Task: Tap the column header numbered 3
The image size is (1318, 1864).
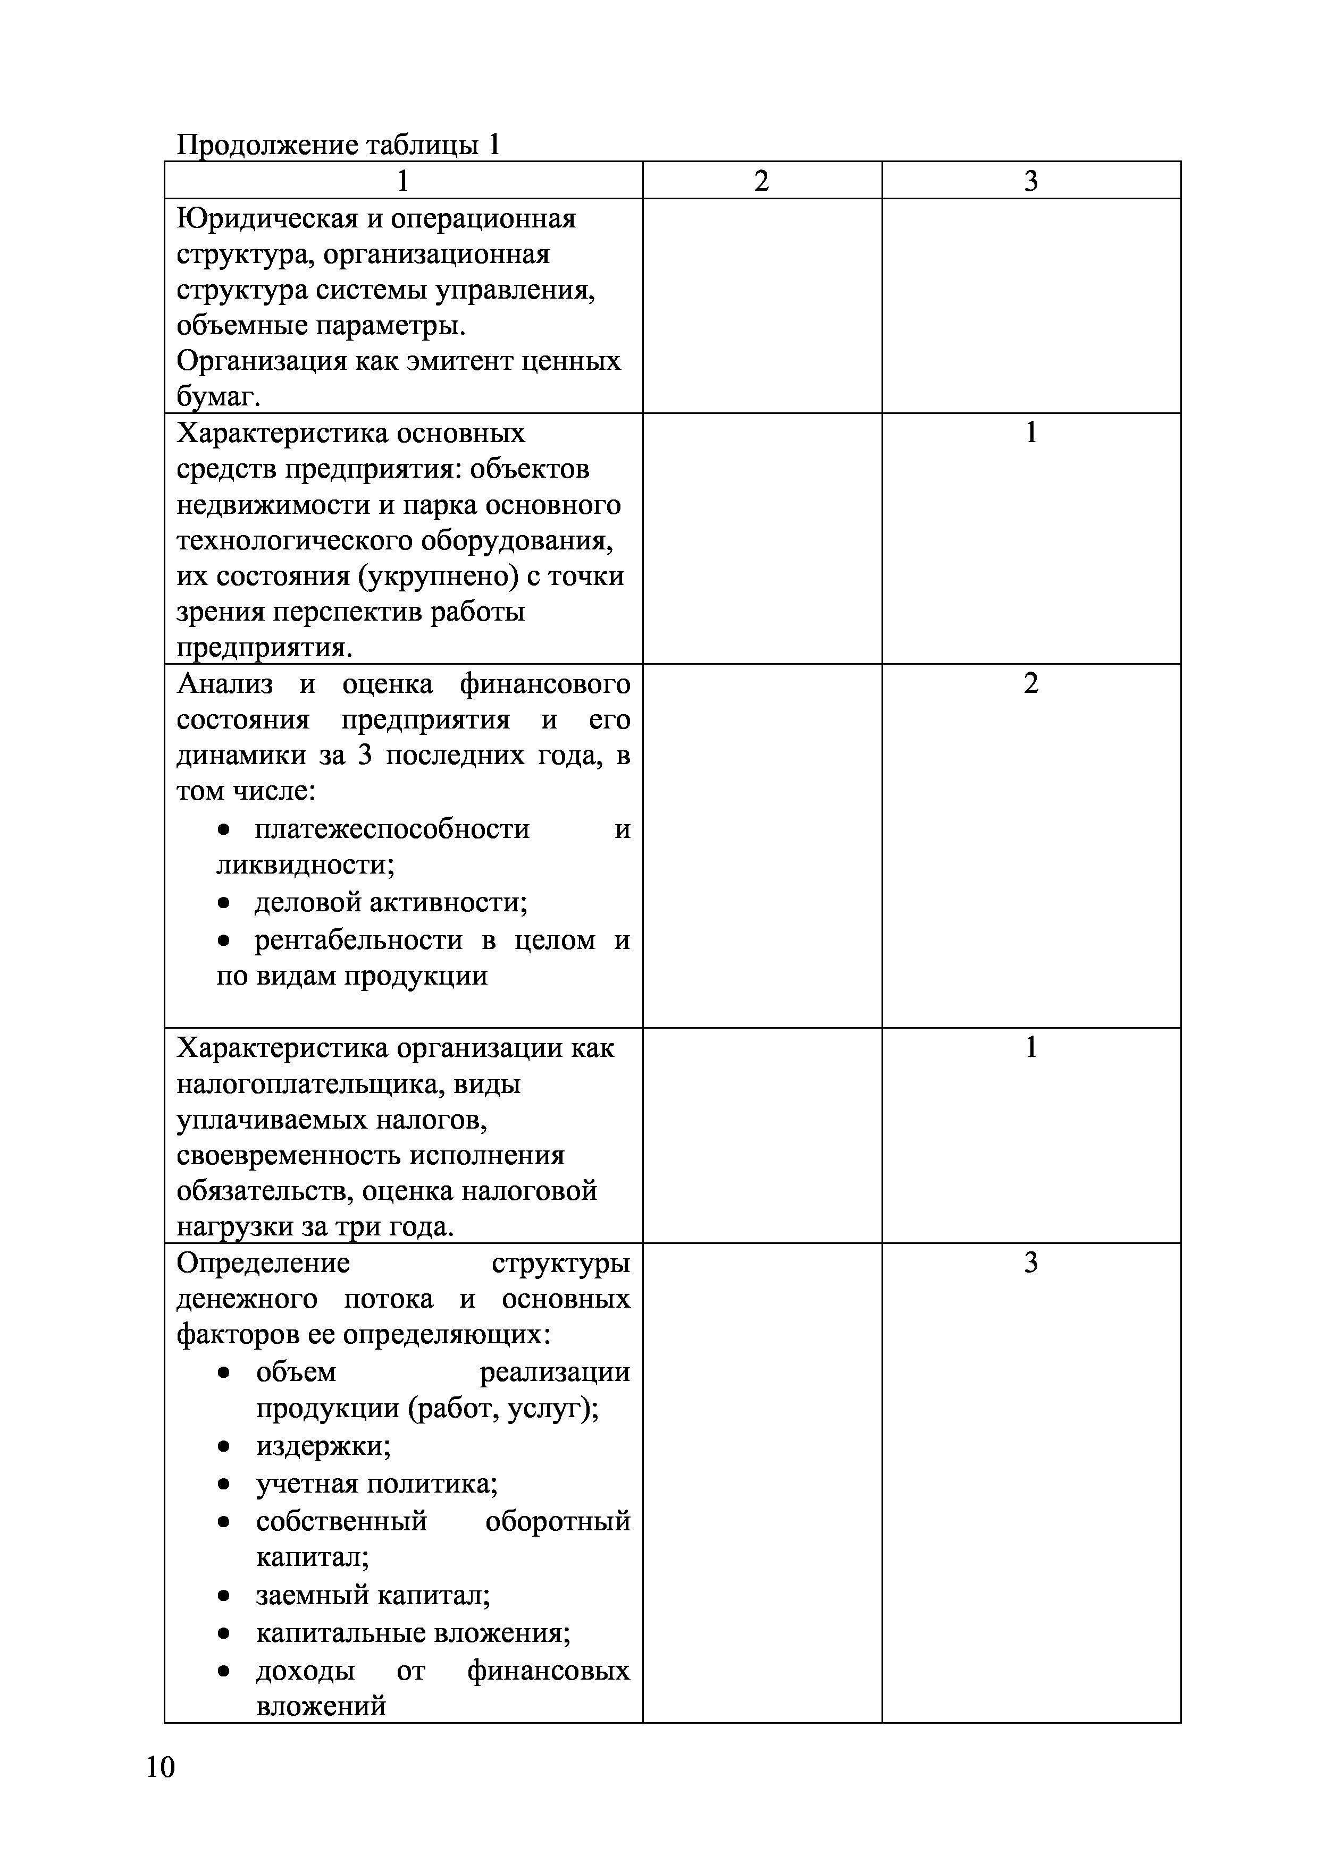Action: [1030, 180]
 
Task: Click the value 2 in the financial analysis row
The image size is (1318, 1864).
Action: [1030, 683]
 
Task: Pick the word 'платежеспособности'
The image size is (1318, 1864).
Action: [392, 829]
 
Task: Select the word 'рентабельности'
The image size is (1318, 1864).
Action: [358, 939]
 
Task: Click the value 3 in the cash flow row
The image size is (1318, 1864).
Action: [1030, 1263]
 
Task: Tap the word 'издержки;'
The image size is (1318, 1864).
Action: [323, 1445]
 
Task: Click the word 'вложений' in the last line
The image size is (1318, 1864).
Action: [321, 1706]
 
